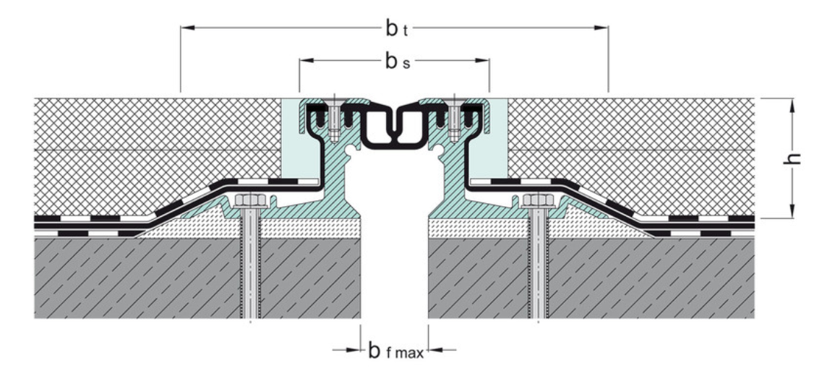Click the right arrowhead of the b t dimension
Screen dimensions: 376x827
pyautogui.click(x=601, y=28)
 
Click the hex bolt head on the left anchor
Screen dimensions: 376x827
pyautogui.click(x=251, y=200)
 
